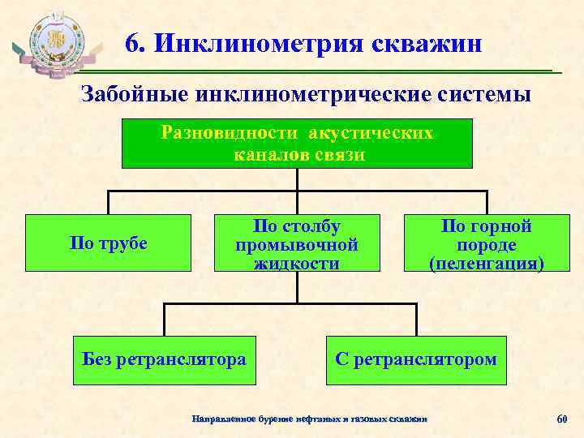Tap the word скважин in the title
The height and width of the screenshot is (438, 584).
[427, 43]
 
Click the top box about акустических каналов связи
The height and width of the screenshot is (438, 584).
[297, 144]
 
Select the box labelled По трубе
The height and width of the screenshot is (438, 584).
[109, 243]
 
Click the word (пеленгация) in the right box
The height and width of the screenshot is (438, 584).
[486, 264]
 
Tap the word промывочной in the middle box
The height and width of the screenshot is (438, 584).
[297, 243]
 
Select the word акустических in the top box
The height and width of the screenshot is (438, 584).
[371, 133]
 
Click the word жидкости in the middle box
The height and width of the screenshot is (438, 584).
[297, 263]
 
